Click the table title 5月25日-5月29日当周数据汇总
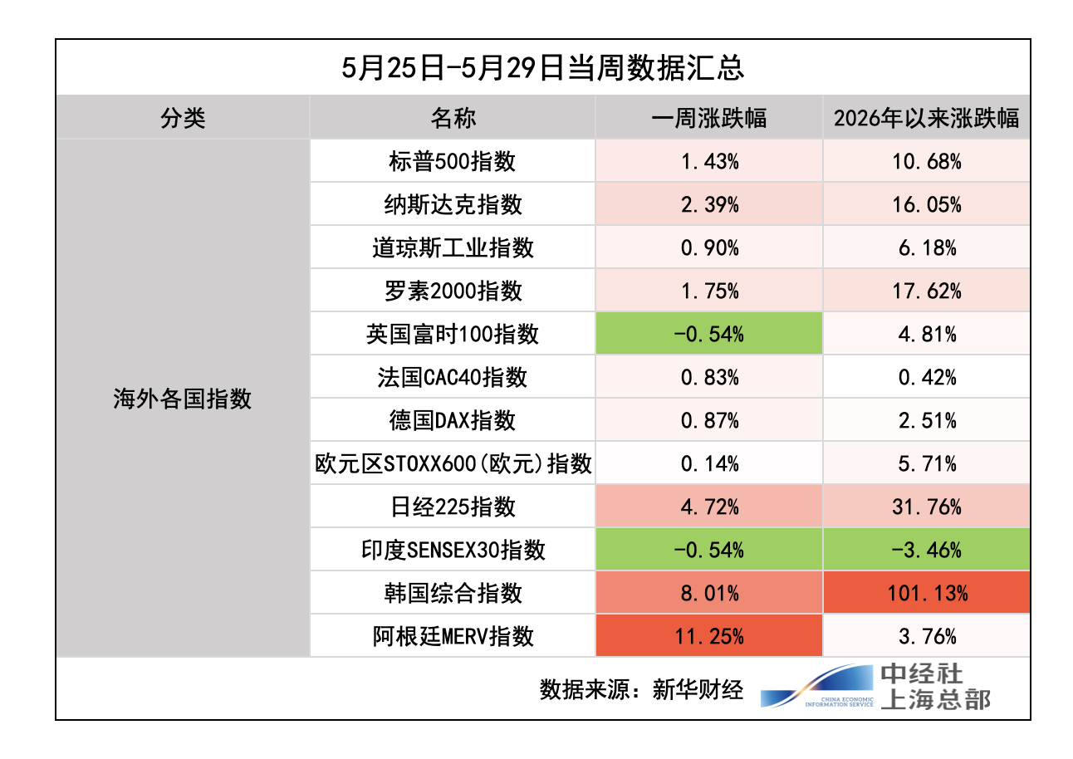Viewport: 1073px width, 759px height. [542, 67]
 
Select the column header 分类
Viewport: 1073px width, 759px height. [183, 118]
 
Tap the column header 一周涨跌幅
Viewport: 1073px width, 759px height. [709, 118]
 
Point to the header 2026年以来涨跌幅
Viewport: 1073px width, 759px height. [927, 118]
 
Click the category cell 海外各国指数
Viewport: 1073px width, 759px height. [183, 399]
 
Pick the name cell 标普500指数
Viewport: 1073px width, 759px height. [452, 161]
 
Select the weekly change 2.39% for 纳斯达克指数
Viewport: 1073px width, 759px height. [709, 204]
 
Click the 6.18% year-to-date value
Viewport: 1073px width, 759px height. [927, 247]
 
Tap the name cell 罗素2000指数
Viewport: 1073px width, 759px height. [452, 291]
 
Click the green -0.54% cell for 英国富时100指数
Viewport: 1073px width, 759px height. [709, 334]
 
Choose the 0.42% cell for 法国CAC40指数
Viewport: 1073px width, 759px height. [927, 377]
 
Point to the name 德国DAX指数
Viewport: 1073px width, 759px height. [452, 420]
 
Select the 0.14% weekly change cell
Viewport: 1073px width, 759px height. [709, 463]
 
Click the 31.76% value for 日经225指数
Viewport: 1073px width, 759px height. [927, 507]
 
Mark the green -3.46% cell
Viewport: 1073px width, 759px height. [927, 550]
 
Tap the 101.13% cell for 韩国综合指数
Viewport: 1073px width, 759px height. [927, 593]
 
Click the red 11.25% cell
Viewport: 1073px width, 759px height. [709, 636]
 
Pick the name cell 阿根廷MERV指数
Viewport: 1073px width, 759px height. [452, 636]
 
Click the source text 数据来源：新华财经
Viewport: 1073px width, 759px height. [641, 689]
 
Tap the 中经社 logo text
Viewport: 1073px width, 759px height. [921, 673]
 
